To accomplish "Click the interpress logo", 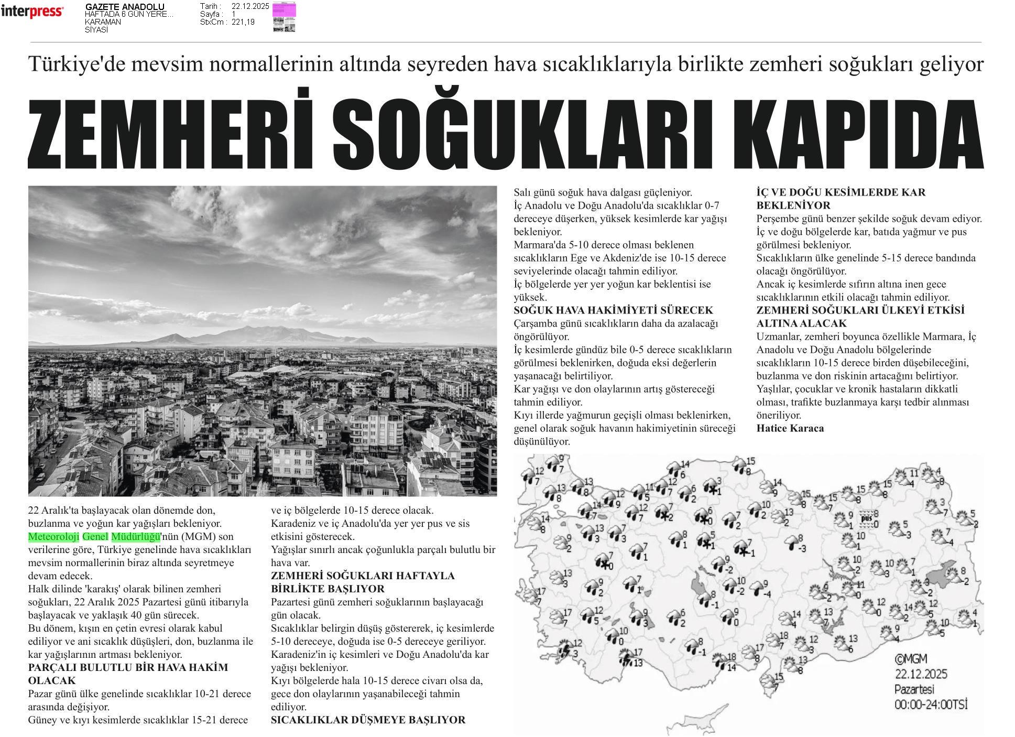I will (x=32, y=12).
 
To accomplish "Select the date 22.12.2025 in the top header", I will (x=250, y=6).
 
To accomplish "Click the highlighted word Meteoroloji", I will (x=53, y=537).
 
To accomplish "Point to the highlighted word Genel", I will (x=95, y=537).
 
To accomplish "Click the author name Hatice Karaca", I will (x=790, y=428).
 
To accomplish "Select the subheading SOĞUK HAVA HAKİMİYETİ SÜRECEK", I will (x=613, y=310).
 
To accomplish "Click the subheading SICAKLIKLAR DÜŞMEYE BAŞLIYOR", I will (x=368, y=720).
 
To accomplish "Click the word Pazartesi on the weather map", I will (x=914, y=689).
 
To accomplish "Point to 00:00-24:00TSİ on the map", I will (x=930, y=704).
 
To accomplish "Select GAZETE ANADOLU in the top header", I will (x=125, y=7).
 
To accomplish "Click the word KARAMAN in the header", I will (x=103, y=22).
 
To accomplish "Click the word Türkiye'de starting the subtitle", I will (x=70, y=64).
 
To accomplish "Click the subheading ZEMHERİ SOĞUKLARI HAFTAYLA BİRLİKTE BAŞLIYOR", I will (x=363, y=582).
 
